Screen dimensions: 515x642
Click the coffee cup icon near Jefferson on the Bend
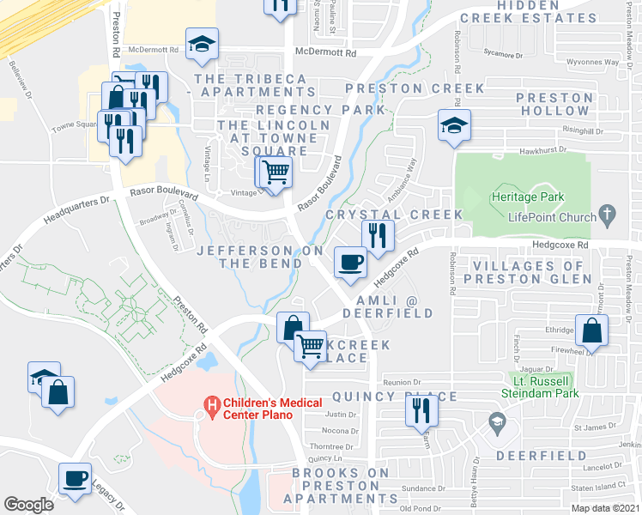tap(349, 261)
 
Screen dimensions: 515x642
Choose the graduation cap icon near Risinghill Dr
tap(451, 125)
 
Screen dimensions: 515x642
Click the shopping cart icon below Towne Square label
tap(276, 173)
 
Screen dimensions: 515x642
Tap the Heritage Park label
tap(529, 197)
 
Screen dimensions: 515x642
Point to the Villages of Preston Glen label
tap(527, 272)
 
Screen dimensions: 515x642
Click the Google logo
tap(28, 504)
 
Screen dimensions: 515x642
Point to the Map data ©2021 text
tap(605, 508)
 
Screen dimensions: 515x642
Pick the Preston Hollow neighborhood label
tap(554, 104)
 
